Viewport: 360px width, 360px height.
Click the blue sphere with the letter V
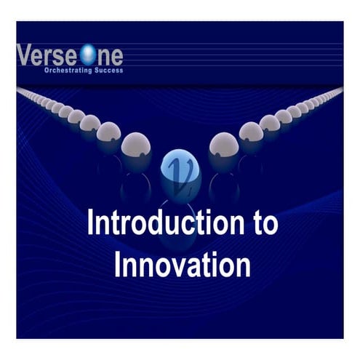(x=179, y=167)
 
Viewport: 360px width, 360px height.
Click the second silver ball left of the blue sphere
(x=109, y=132)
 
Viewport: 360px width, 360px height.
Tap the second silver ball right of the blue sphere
(x=251, y=132)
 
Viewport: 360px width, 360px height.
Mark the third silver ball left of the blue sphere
(x=90, y=123)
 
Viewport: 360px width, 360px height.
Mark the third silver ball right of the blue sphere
(x=270, y=123)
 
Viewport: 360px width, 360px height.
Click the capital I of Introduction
(x=90, y=223)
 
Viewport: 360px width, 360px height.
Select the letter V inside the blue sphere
(x=179, y=169)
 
